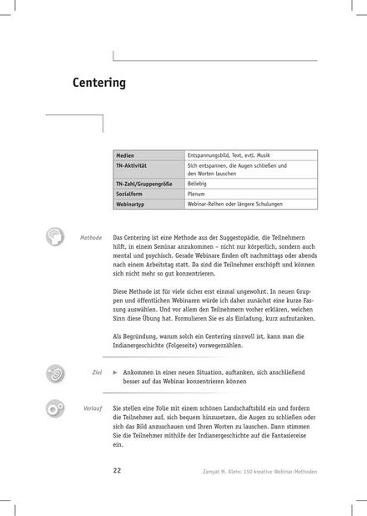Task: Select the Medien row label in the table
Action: pos(128,155)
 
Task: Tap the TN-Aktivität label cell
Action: pos(133,165)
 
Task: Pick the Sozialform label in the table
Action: pos(133,193)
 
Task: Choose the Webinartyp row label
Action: pos(133,204)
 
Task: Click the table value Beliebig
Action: pos(198,182)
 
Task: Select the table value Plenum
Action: pos(197,193)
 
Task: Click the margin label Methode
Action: pos(91,237)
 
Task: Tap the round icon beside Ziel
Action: pos(55,372)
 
